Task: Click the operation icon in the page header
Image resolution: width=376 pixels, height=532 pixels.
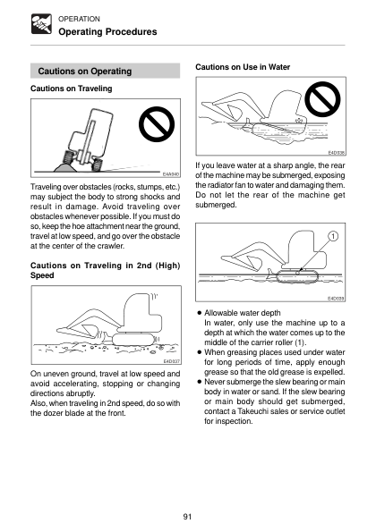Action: coord(41,24)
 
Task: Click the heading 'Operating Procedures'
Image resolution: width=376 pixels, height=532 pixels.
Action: coord(107,32)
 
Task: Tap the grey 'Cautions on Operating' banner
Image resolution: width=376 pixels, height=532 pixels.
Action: coord(105,71)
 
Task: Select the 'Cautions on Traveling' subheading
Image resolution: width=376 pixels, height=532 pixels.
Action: coord(72,89)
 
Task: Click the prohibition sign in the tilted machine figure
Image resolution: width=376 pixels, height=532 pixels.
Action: coord(157,124)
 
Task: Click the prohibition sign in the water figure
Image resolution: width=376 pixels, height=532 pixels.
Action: coord(322,99)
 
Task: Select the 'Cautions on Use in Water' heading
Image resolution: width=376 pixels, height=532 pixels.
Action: coord(243,67)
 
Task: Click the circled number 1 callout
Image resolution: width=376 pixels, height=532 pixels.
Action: coord(333,236)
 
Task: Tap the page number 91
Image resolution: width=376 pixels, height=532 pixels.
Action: coord(187,517)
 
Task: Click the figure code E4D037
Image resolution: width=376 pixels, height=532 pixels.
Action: coord(172,361)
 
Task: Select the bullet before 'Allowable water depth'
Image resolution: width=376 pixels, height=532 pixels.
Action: coord(200,313)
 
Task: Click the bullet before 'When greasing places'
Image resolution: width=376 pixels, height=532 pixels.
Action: coord(200,352)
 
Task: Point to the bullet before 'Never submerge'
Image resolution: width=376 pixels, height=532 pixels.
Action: coord(200,382)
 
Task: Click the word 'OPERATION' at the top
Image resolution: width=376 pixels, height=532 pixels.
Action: coord(79,19)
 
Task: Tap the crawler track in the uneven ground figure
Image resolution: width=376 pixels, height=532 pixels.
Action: coord(133,339)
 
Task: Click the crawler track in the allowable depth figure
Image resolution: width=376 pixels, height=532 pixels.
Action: coord(298,276)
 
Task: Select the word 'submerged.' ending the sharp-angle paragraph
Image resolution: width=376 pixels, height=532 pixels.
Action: coord(216,205)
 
